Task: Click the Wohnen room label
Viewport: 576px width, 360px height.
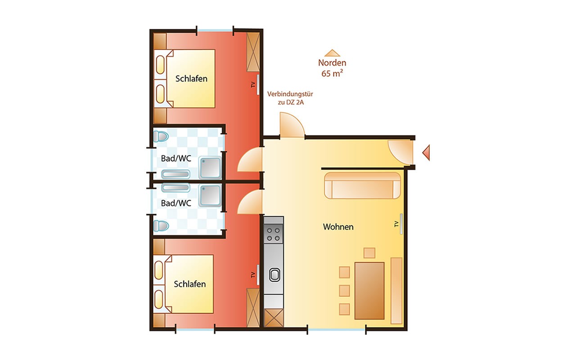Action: [338, 227]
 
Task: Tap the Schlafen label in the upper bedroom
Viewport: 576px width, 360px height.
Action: [191, 79]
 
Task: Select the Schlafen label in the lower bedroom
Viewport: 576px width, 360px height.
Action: [190, 284]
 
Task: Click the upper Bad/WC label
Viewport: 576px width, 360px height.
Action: [176, 158]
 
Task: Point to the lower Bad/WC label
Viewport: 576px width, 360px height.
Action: [176, 203]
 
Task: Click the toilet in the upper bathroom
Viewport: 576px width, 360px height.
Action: [161, 136]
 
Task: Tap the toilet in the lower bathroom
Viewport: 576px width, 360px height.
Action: [161, 226]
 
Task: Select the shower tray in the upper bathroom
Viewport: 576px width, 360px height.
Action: [210, 168]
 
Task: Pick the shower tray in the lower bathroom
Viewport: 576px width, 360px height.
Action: [210, 195]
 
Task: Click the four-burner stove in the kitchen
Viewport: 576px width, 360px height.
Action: [274, 234]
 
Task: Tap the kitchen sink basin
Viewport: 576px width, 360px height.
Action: [274, 275]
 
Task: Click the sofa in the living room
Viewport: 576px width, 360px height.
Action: [362, 185]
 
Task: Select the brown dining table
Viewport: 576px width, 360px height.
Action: [369, 291]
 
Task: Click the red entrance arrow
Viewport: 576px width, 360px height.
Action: [427, 153]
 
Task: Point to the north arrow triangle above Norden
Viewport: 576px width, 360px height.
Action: [332, 53]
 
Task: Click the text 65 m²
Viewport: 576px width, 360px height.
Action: [332, 73]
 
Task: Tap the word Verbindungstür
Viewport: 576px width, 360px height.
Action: [290, 94]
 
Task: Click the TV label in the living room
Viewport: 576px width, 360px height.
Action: [396, 224]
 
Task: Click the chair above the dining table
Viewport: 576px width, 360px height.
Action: [369, 253]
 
